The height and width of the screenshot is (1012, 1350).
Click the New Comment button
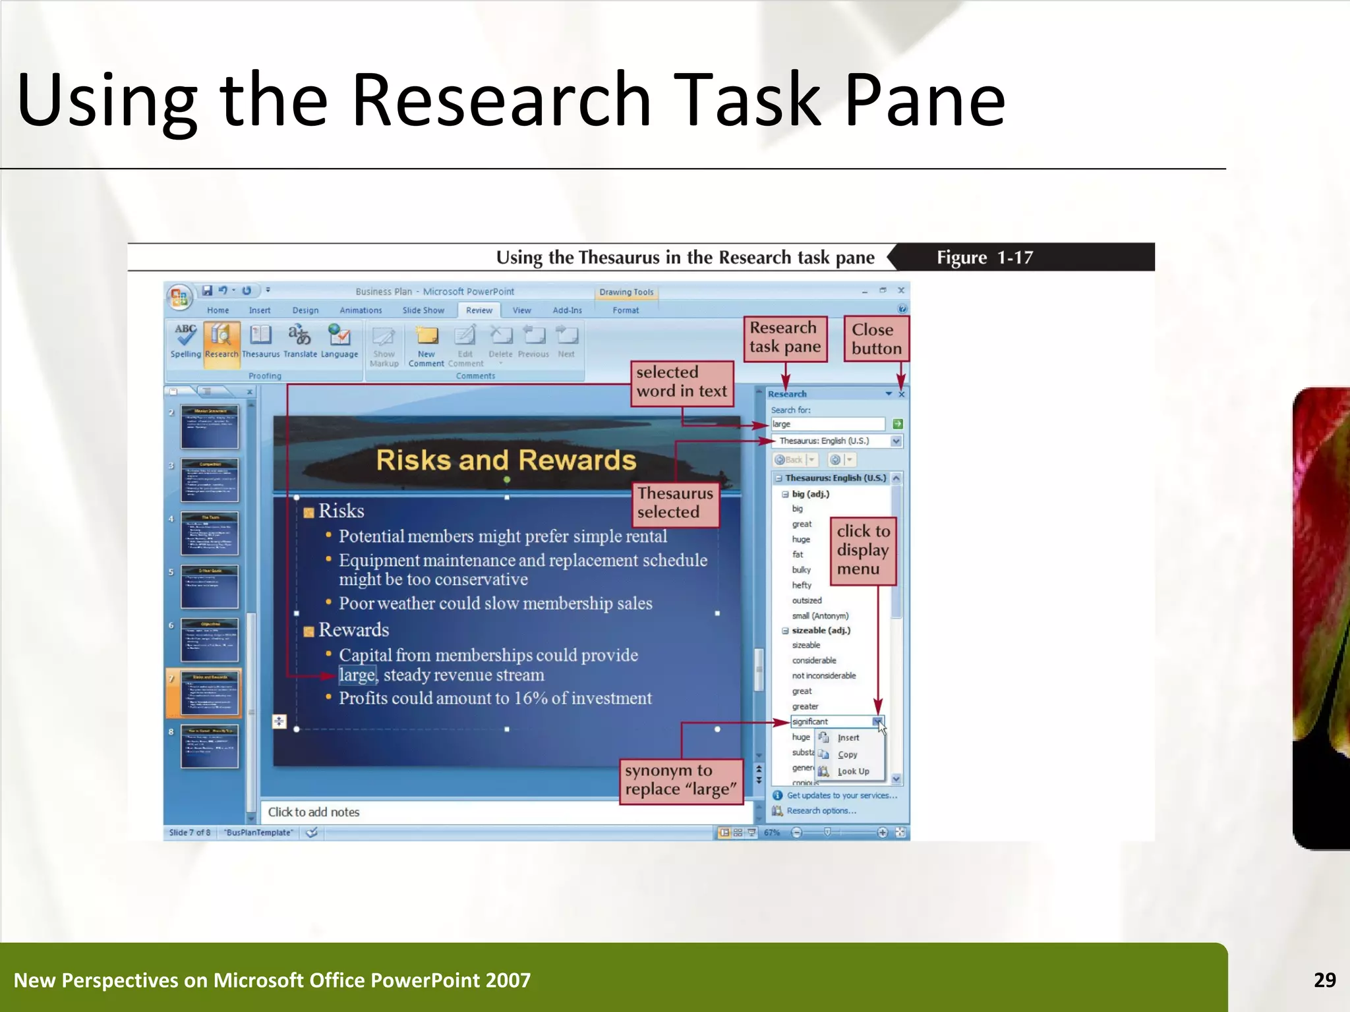point(426,345)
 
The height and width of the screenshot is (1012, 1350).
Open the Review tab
point(479,310)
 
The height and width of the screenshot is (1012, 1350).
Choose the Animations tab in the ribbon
point(361,310)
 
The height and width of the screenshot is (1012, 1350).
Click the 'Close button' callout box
point(876,339)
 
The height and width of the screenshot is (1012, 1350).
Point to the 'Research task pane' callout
point(785,337)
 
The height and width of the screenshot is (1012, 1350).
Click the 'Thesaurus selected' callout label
point(675,503)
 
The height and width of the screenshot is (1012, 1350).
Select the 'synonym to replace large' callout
point(681,780)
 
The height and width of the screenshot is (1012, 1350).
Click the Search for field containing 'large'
point(827,424)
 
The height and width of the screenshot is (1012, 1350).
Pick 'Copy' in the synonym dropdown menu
point(847,754)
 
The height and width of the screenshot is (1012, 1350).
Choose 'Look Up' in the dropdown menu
point(853,772)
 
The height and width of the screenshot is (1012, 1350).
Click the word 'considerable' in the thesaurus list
point(814,660)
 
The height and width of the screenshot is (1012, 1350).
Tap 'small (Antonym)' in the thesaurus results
point(820,616)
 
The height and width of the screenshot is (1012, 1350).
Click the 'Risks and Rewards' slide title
point(506,460)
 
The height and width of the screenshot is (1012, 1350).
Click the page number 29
point(1324,980)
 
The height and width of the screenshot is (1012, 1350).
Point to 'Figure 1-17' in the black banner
point(985,258)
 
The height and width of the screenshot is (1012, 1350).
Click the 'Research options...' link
point(821,811)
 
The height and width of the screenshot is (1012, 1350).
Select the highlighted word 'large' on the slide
point(357,675)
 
